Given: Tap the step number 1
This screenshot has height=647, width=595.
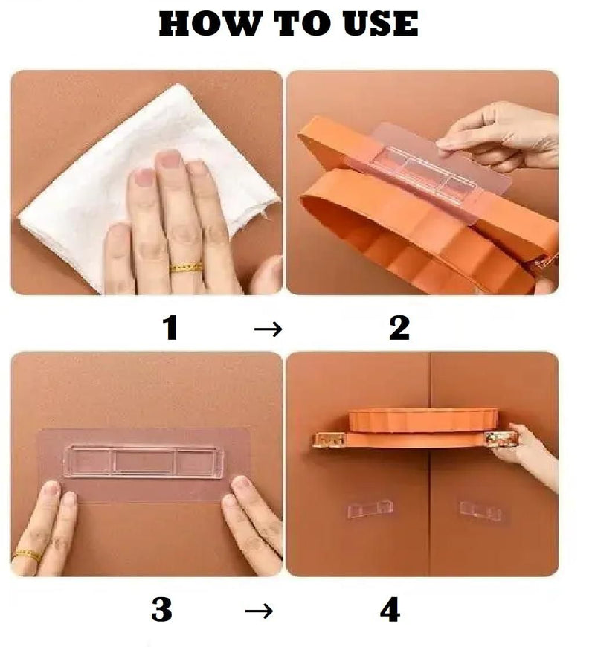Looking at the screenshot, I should (x=170, y=327).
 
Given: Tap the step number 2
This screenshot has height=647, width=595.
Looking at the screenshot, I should (x=399, y=327).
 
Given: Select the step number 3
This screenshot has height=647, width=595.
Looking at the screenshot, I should (x=161, y=610).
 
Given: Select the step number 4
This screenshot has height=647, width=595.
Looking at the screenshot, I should (x=390, y=610).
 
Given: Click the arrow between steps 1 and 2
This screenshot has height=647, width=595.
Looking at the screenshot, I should (x=268, y=329).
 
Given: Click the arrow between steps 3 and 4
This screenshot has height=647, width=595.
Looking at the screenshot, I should (x=258, y=611).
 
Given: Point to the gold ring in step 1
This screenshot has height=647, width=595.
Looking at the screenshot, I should (x=186, y=267).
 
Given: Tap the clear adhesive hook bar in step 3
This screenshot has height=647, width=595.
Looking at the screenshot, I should (x=144, y=461).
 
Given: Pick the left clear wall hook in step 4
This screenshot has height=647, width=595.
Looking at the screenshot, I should (x=370, y=509).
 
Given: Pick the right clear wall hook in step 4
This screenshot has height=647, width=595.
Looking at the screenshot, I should (x=480, y=511).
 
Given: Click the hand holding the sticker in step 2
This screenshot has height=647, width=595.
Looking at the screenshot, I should (x=506, y=134).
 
